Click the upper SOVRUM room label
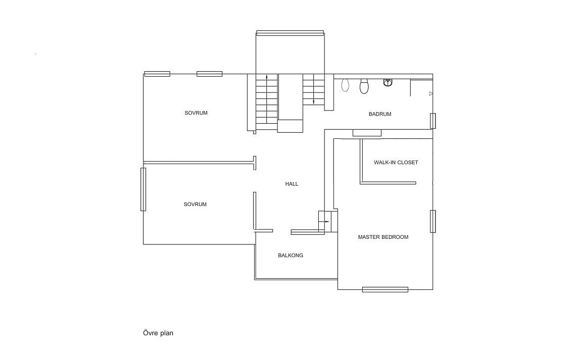point(196,113)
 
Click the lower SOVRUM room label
point(195,204)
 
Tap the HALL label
point(292,184)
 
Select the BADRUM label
point(380,114)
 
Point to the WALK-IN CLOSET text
point(396,163)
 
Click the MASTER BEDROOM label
point(383,237)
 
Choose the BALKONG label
point(291,255)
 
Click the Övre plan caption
point(158,333)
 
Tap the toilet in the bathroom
point(364,86)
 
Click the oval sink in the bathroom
point(345,85)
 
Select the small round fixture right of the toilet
point(388,82)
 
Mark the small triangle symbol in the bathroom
point(431,93)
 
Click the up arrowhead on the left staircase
point(267,77)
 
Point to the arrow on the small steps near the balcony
point(324,222)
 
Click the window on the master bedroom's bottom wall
point(385,289)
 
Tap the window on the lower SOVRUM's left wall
point(143,189)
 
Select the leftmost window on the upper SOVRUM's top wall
point(157,74)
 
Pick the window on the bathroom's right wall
point(433,121)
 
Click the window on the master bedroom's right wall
point(433,221)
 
